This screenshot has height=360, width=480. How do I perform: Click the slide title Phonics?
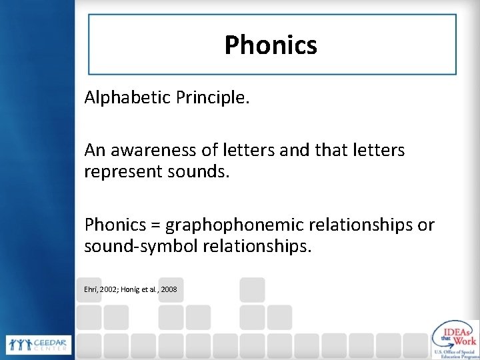[270, 45]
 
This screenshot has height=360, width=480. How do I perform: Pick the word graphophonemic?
[241, 225]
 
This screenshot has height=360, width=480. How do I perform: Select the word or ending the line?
[425, 225]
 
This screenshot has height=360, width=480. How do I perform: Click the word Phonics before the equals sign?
[115, 225]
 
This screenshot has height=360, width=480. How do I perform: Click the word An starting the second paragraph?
[94, 151]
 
